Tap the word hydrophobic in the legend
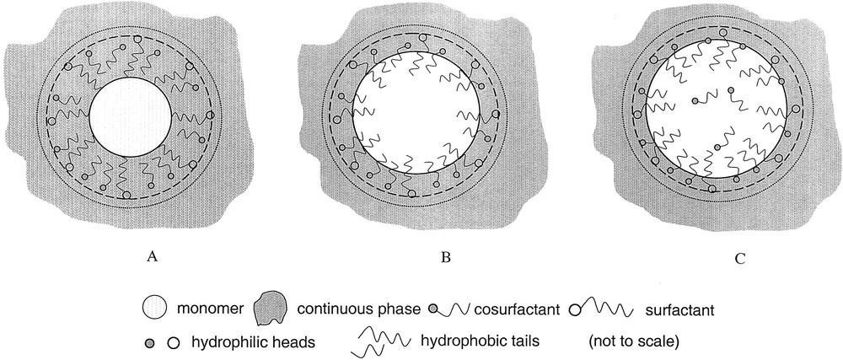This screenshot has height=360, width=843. point(454,341)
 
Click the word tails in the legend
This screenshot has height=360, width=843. point(514,341)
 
